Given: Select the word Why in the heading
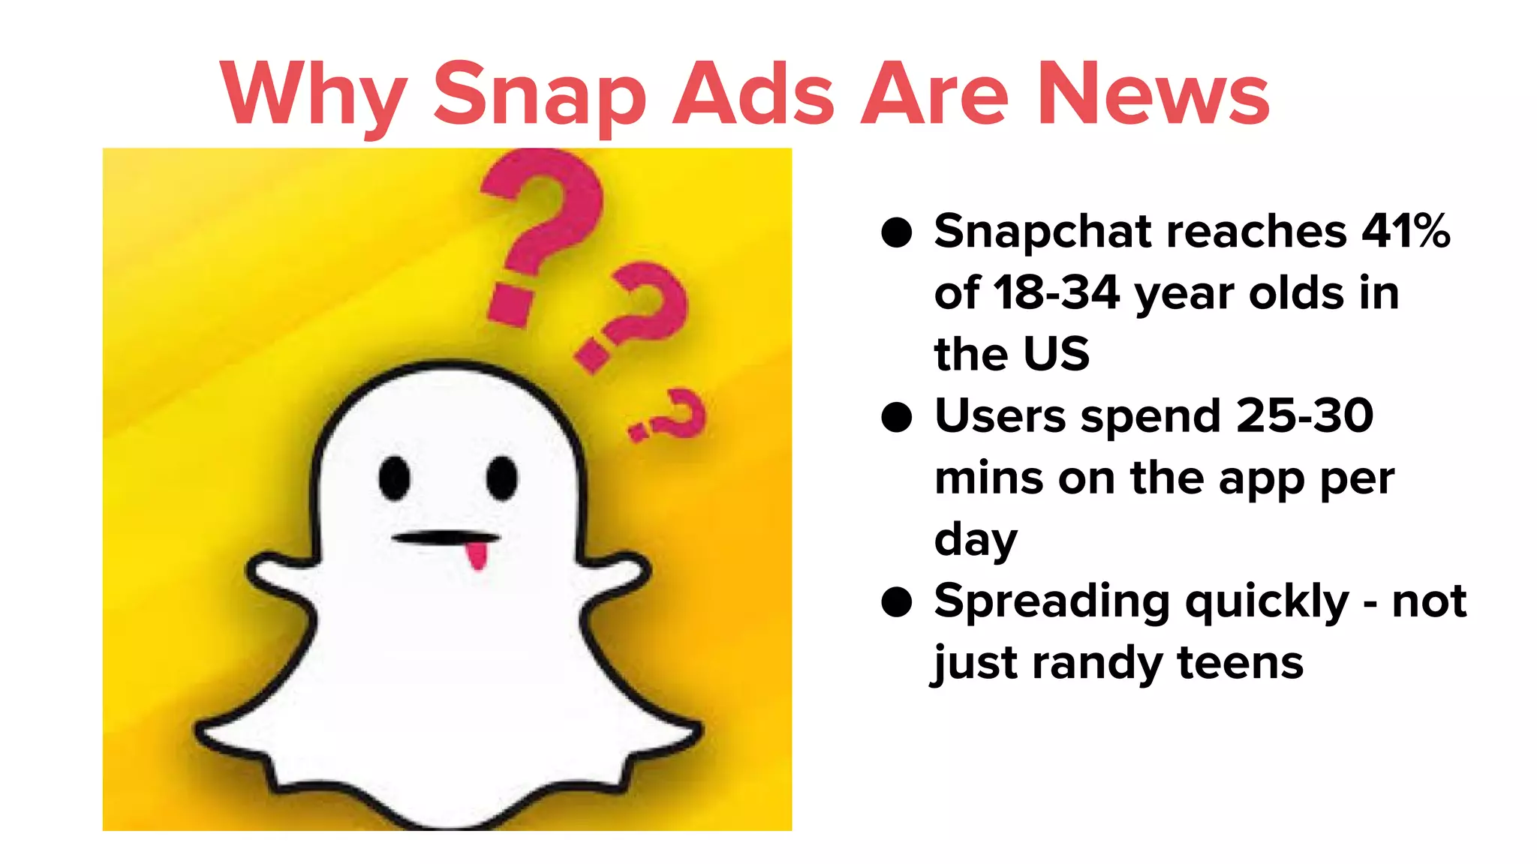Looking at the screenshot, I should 314,95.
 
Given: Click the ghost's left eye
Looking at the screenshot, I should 394,478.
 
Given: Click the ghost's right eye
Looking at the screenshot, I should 501,478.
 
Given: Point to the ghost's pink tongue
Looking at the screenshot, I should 477,556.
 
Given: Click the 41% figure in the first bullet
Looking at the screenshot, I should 1406,231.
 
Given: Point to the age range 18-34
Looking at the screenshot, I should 1057,292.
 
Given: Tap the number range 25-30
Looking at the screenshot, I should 1304,415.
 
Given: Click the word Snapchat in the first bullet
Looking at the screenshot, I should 1042,232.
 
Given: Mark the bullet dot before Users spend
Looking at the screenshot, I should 896,417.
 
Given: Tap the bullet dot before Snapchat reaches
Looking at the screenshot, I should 896,232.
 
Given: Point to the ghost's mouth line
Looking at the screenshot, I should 445,537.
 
